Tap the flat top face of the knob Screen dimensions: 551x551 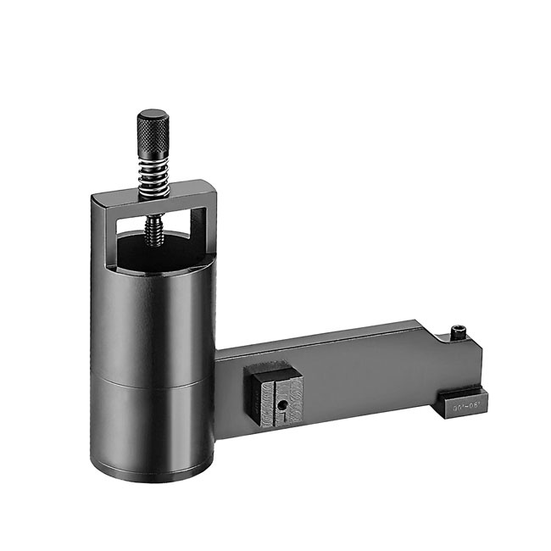153,114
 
